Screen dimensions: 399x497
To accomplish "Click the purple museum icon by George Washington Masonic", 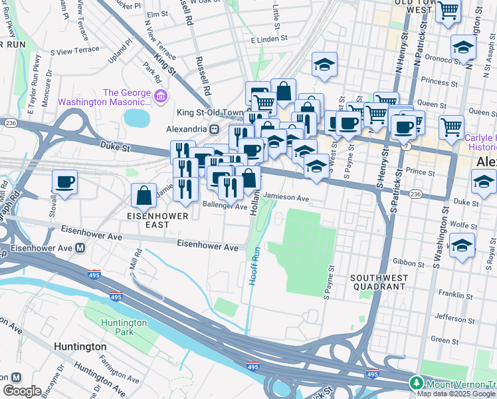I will (x=159, y=98).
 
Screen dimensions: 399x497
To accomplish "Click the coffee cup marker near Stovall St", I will (x=64, y=182).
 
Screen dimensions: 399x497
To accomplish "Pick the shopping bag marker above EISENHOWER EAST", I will (x=144, y=196).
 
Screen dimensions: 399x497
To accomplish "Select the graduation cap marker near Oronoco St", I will (x=463, y=47).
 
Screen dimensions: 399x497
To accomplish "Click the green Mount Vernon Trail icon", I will (x=416, y=383).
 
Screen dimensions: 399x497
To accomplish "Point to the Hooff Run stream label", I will (x=254, y=267).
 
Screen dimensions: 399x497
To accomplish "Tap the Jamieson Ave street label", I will (x=286, y=198).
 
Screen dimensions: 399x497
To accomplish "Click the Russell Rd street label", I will (x=203, y=74).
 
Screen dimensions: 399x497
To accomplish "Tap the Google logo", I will (x=22, y=390).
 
